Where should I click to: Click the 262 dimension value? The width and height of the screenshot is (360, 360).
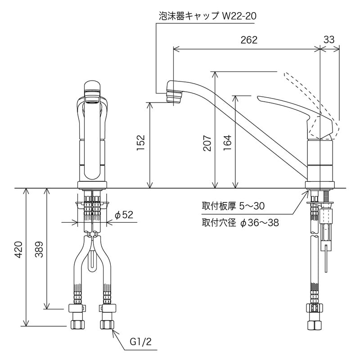pyautogui.click(x=248, y=40)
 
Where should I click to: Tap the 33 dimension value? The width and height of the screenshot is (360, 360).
pyautogui.click(x=329, y=40)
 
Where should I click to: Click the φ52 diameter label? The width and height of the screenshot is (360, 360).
pyautogui.click(x=124, y=215)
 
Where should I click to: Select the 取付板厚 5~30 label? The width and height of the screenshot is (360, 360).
pyautogui.click(x=233, y=207)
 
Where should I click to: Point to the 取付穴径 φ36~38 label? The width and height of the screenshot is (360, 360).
pyautogui.click(x=239, y=222)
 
